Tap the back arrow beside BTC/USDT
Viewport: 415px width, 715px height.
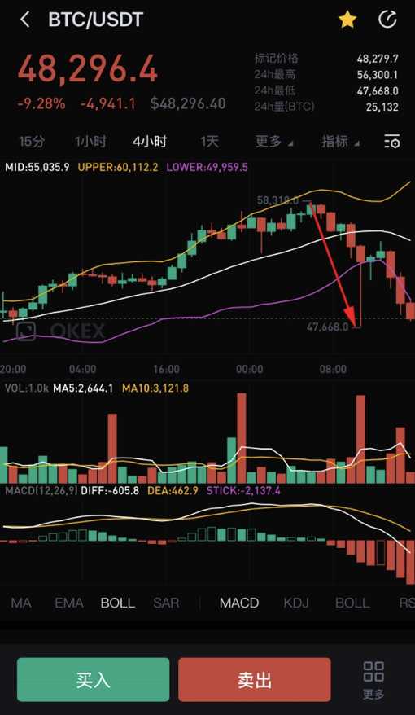(25, 20)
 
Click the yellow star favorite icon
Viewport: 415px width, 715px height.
(347, 20)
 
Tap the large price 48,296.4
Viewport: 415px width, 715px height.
(88, 70)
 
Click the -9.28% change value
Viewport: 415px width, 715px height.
(40, 103)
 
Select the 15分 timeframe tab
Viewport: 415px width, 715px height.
(32, 142)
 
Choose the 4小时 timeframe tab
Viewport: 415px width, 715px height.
(150, 142)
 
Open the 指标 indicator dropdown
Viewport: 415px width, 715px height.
(339, 142)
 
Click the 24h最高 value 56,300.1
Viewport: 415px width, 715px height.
(377, 74)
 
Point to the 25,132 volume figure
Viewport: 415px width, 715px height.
(382, 107)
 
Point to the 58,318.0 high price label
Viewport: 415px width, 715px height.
(277, 200)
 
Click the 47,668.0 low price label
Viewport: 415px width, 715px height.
(327, 327)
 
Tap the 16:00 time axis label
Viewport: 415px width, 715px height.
(166, 368)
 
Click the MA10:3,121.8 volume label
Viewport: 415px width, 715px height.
(155, 388)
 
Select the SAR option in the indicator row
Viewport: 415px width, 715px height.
(166, 603)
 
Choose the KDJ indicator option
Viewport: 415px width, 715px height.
(296, 603)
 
